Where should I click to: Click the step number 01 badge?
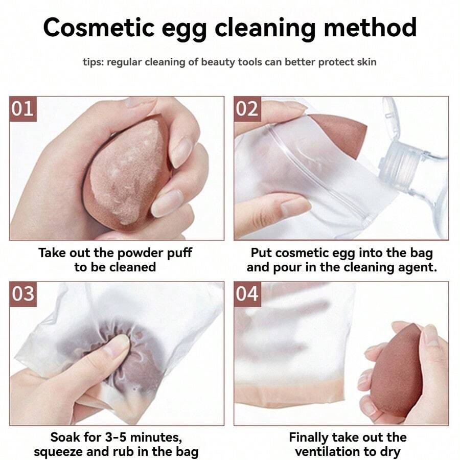23,109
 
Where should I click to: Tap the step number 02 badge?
247,109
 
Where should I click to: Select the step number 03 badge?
23,294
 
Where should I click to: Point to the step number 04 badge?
247,294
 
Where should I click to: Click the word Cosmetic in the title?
99,28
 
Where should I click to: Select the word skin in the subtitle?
366,62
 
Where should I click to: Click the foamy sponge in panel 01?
127,173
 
